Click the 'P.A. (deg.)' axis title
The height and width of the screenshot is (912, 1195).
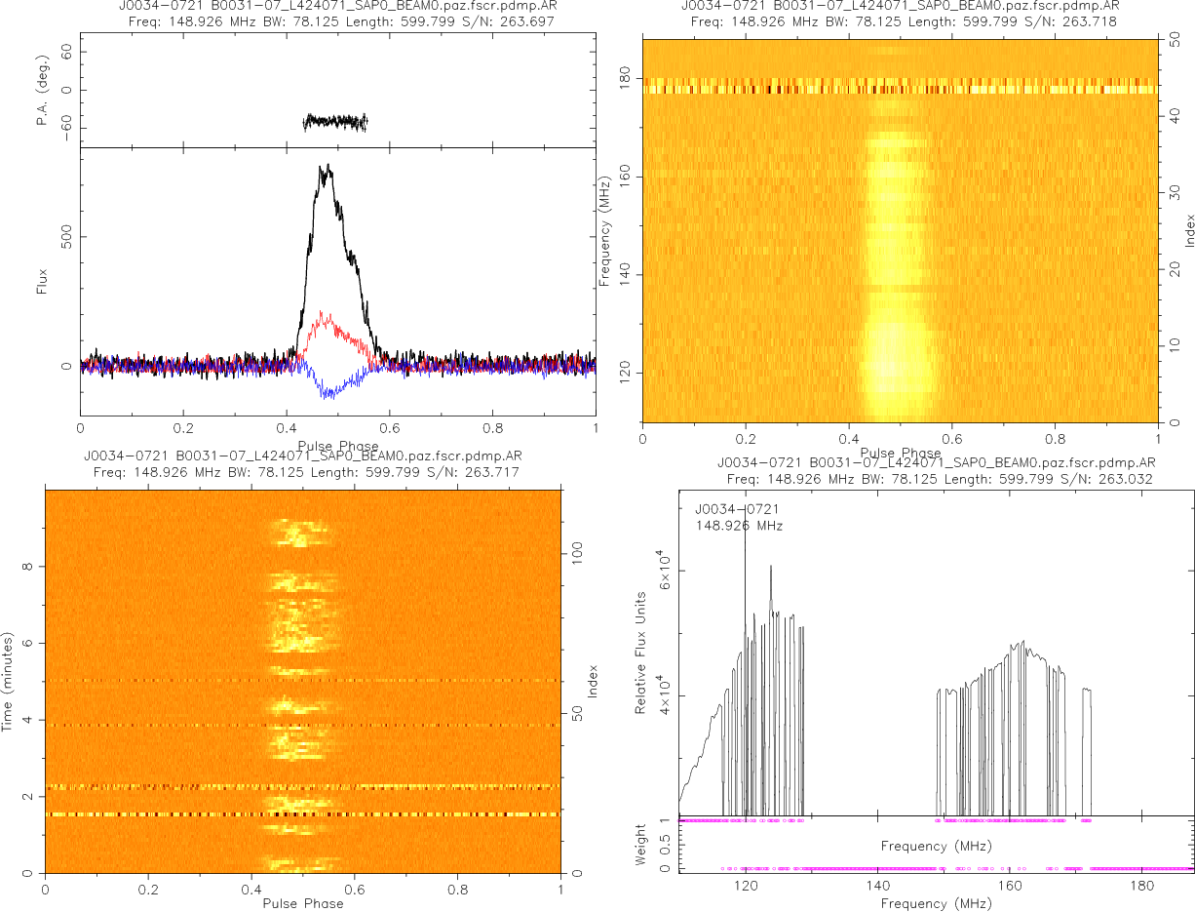(43, 91)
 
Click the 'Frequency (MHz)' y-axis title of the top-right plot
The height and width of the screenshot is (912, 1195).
(605, 230)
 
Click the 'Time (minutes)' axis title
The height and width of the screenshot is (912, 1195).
(8, 680)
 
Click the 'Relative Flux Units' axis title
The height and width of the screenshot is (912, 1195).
(640, 652)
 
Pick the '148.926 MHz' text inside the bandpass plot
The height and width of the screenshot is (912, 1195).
(739, 526)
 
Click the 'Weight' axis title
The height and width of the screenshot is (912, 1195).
(640, 844)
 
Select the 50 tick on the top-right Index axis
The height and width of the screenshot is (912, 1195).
(1176, 41)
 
